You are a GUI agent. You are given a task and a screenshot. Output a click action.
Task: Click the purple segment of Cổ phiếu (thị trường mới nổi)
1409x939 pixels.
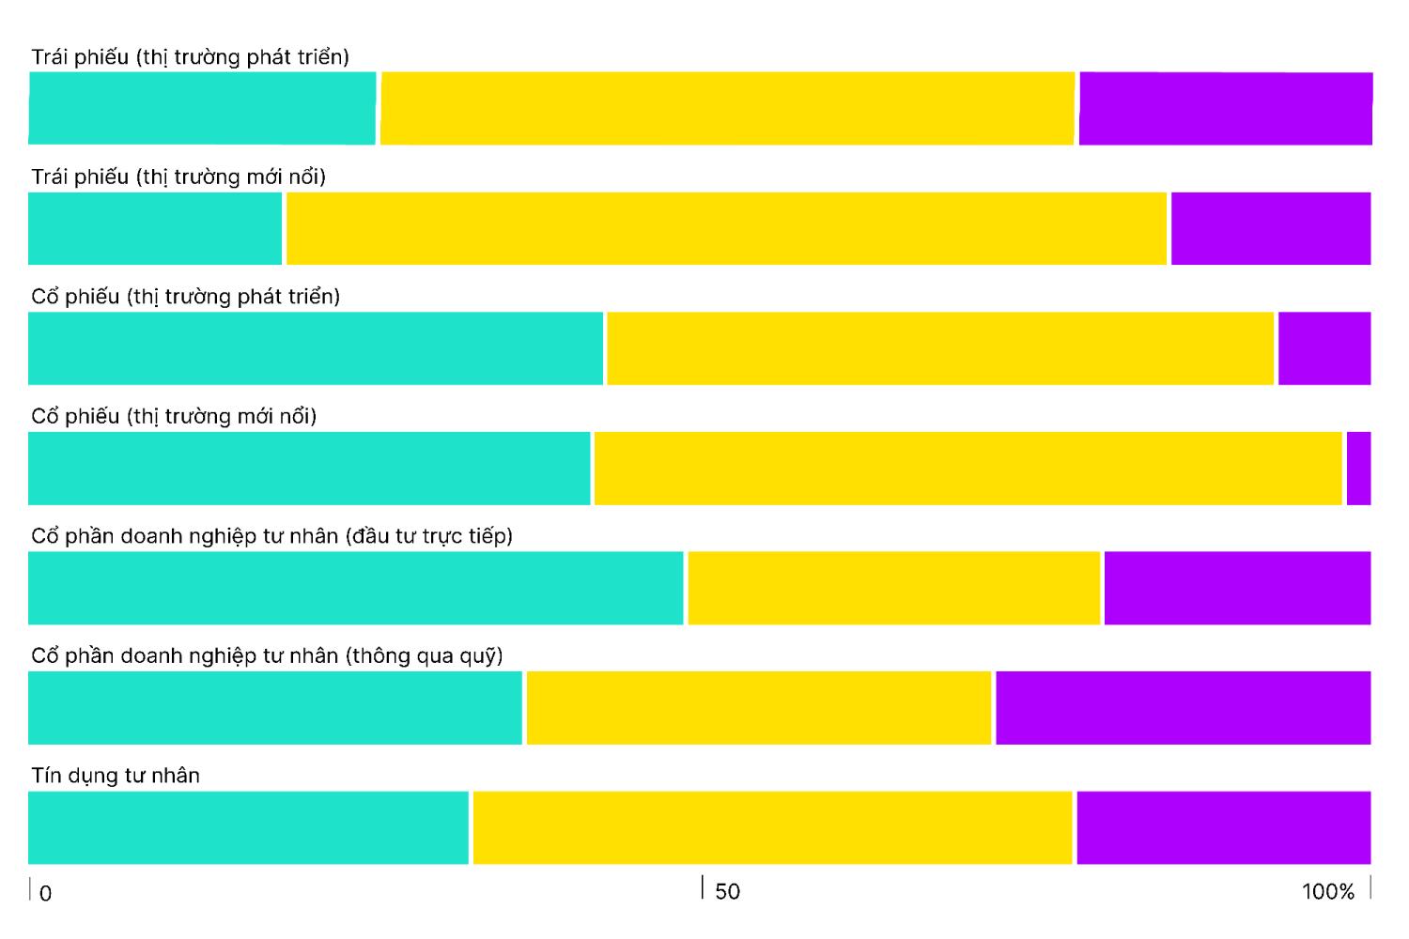(1358, 469)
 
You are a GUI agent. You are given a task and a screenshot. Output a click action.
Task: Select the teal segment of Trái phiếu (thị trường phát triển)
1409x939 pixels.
(202, 108)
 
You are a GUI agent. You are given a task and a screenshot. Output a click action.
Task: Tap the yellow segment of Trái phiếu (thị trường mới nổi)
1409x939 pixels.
(726, 228)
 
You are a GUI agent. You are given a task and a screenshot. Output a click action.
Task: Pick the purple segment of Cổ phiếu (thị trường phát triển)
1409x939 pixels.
(1324, 348)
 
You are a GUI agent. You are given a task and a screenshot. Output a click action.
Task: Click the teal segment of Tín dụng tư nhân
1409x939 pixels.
(249, 827)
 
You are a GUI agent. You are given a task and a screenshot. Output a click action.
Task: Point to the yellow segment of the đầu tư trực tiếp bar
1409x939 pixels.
(894, 588)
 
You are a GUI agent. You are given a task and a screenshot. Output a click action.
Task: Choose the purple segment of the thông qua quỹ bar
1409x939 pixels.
(1184, 708)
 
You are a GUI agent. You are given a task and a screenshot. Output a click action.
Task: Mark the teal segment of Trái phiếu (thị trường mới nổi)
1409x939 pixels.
(155, 228)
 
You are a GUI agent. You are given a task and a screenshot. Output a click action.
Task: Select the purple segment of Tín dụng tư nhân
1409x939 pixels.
(1224, 827)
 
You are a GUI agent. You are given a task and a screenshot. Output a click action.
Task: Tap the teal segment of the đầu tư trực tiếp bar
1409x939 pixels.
(355, 588)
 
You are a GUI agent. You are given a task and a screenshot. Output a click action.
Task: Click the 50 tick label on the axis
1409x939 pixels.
(727, 891)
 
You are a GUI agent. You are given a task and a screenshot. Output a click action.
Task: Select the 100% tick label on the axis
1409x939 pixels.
(1328, 891)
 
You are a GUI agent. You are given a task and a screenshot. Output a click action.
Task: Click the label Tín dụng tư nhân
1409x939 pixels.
(116, 776)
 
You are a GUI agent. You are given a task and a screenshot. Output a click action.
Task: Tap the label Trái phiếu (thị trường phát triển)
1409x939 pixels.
(190, 57)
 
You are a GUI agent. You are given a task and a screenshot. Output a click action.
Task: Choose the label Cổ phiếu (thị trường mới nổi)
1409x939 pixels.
(174, 416)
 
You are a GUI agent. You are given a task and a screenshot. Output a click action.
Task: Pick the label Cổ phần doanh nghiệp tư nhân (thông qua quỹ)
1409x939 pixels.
(268, 656)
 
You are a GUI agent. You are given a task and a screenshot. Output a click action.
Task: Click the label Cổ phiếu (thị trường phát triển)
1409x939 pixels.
(186, 296)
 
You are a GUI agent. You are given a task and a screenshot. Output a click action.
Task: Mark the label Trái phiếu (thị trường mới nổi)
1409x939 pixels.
(178, 177)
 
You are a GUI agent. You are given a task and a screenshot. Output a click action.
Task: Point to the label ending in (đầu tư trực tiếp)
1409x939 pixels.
(272, 536)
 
